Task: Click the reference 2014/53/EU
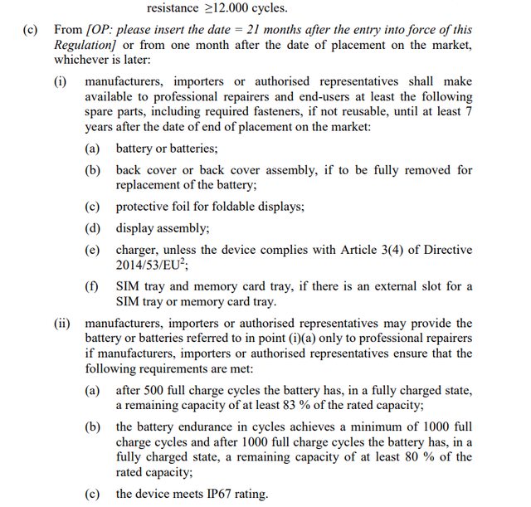154,265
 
